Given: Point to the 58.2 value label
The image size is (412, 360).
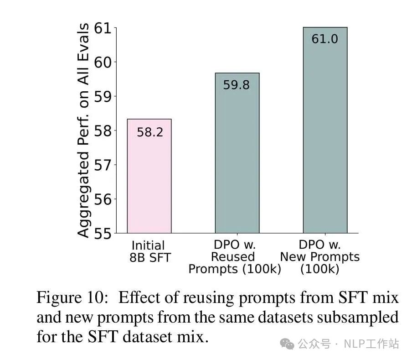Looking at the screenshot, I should pyautogui.click(x=150, y=133).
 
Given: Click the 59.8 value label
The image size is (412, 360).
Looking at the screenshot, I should pyautogui.click(x=236, y=85).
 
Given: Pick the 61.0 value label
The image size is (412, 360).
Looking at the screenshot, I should pyautogui.click(x=324, y=39).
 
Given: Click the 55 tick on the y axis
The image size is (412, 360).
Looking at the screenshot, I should pyautogui.click(x=103, y=233).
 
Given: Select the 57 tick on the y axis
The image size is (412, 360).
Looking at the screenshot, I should pyautogui.click(x=103, y=165).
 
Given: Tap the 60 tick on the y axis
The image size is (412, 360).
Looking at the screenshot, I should pyautogui.click(x=103, y=62).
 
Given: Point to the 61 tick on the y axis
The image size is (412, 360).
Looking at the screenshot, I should pyautogui.click(x=103, y=28).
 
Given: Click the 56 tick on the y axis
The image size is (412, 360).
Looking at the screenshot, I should pyautogui.click(x=103, y=199).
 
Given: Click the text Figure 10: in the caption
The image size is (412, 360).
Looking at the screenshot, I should pyautogui.click(x=73, y=298).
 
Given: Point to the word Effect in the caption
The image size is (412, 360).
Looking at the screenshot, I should pyautogui.click(x=137, y=298).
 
